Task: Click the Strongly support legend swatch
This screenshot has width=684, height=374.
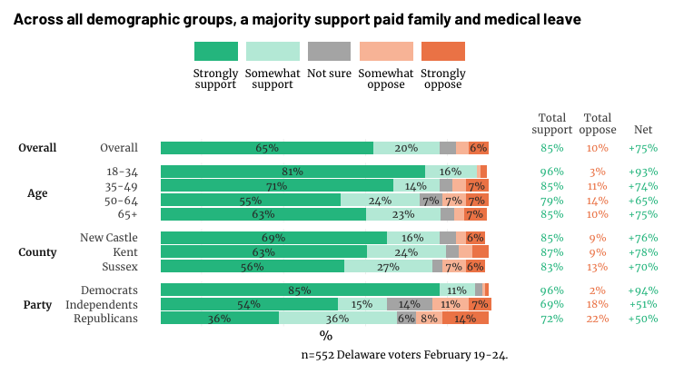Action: [216, 52]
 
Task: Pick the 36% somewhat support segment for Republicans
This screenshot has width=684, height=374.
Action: [337, 319]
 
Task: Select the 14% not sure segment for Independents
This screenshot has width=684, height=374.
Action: [410, 304]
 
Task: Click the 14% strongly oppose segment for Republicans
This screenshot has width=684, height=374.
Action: [465, 319]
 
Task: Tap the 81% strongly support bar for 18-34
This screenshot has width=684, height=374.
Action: [292, 172]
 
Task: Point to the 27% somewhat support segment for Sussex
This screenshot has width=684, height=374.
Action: [388, 267]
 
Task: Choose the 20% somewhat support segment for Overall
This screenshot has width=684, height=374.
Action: [406, 148]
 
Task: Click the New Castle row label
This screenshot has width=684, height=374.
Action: [110, 238]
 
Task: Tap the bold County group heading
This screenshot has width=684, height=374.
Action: [37, 252]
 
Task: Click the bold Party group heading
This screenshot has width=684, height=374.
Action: [37, 305]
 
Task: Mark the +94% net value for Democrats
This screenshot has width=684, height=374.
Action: [642, 290]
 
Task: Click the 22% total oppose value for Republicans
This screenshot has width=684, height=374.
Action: [597, 319]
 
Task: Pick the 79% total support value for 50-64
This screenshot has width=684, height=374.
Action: [551, 201]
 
